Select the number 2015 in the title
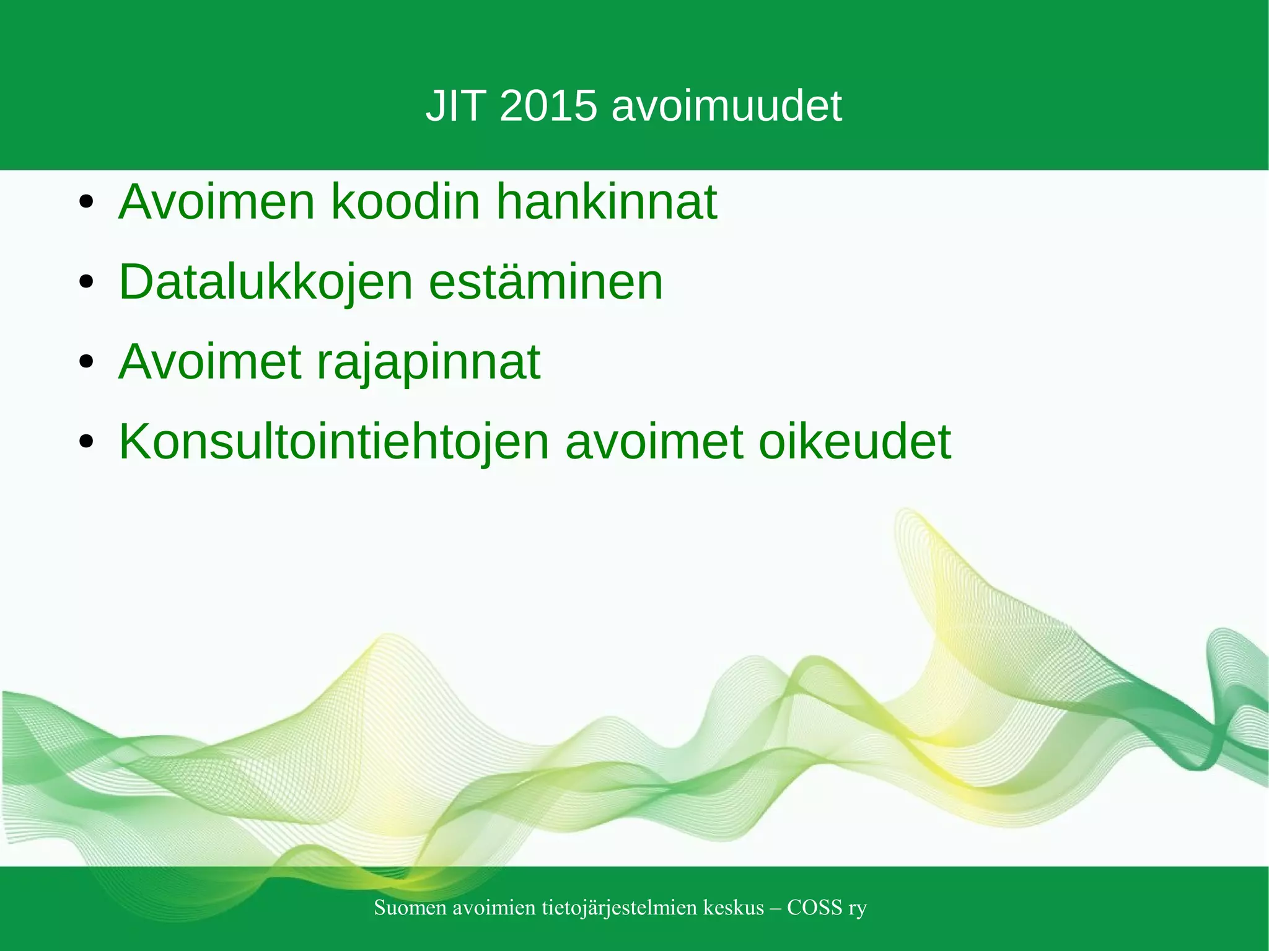pyautogui.click(x=548, y=106)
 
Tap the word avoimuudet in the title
pyautogui.click(x=726, y=106)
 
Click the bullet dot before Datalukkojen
pyautogui.click(x=86, y=283)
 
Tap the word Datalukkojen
pyautogui.click(x=265, y=283)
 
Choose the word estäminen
pyautogui.click(x=545, y=283)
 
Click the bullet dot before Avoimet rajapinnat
pyautogui.click(x=86, y=362)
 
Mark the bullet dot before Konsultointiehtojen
pyautogui.click(x=86, y=442)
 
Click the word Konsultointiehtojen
pyautogui.click(x=334, y=442)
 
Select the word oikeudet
pyautogui.click(x=854, y=442)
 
